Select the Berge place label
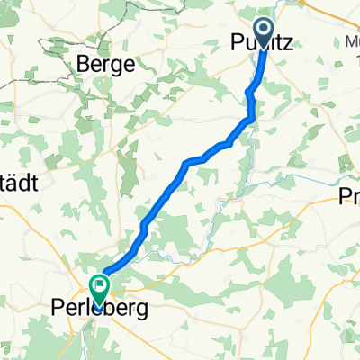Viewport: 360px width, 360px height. pyautogui.click(x=105, y=64)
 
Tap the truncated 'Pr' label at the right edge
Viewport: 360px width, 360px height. pyautogui.click(x=348, y=198)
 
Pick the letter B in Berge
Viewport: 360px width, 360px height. pyautogui.click(x=83, y=64)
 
